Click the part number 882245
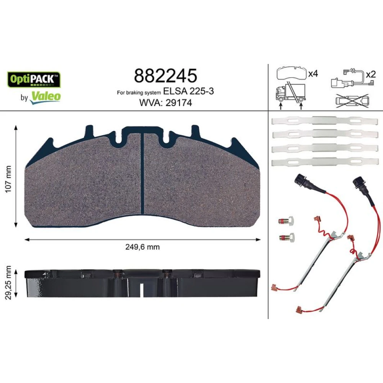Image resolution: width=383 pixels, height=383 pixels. click(165, 75)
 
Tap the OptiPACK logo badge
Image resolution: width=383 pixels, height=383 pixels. click(34, 80)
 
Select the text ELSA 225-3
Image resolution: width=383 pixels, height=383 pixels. click(188, 91)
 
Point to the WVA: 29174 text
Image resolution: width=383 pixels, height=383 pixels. click(165, 103)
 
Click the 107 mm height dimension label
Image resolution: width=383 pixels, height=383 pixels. click(8, 179)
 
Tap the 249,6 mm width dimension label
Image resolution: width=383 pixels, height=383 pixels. click(142, 247)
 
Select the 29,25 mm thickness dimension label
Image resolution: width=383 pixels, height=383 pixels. click(8, 283)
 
